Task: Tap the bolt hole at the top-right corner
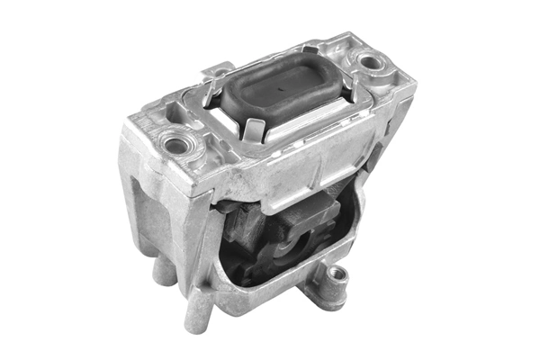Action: [369, 63]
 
